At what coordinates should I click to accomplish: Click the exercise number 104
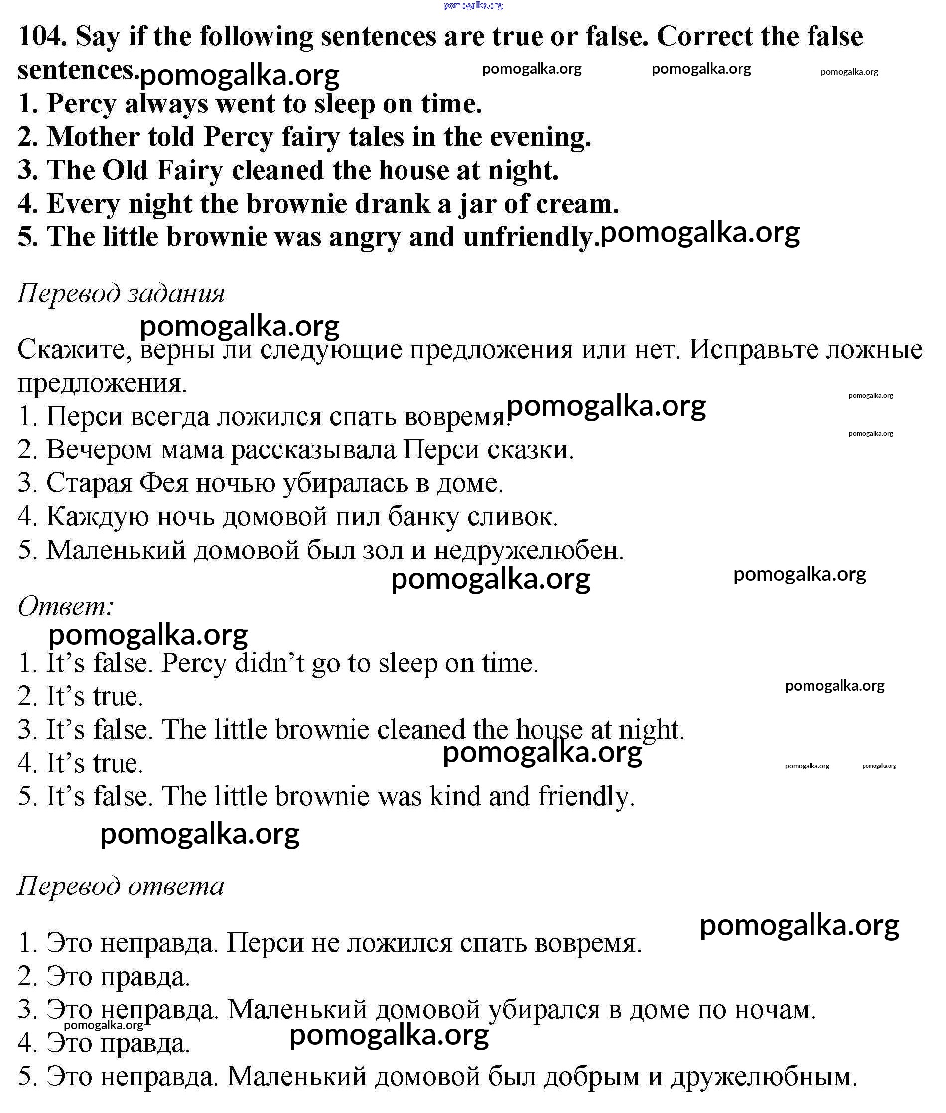click(42, 37)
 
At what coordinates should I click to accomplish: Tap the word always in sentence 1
click(166, 104)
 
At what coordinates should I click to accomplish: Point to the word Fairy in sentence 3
click(189, 170)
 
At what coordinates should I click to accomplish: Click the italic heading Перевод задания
click(121, 293)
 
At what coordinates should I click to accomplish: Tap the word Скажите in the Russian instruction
click(75, 350)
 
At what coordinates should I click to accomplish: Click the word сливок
click(512, 517)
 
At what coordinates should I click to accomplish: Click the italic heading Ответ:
click(66, 607)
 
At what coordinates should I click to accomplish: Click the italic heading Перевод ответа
click(121, 887)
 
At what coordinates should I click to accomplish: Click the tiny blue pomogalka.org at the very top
click(473, 6)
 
